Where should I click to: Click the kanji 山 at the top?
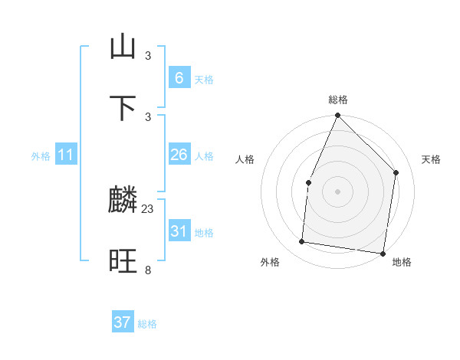point(123,47)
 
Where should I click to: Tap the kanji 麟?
point(123,201)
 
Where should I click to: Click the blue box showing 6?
point(179,77)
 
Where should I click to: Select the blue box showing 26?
point(179,155)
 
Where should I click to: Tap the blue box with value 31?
point(179,231)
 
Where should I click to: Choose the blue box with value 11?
point(66,155)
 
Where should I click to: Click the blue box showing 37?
point(123,322)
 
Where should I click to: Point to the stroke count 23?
point(148,208)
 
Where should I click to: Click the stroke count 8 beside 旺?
point(148,270)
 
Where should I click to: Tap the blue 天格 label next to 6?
point(203,79)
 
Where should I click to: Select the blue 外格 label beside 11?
point(41,155)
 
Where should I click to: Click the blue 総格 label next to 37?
point(147,324)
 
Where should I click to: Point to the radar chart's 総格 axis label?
point(338,100)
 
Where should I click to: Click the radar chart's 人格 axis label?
point(245,159)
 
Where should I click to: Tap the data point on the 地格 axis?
point(383,253)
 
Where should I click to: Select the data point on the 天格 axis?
point(396,172)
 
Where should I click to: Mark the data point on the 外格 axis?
point(302,242)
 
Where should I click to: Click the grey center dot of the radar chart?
point(337,191)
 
